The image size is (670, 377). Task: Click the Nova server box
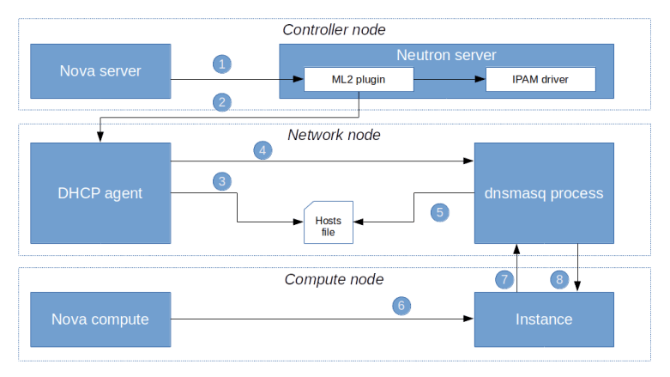click(x=100, y=70)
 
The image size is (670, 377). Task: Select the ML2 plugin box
click(x=359, y=81)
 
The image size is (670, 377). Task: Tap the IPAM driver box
click(x=540, y=81)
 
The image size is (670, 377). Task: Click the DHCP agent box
click(x=100, y=193)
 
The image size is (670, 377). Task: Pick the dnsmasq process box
click(x=544, y=193)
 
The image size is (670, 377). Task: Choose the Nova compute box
click(x=100, y=319)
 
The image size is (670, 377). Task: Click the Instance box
click(x=544, y=319)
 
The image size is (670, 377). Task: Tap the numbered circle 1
click(x=222, y=64)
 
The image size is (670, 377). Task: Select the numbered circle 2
click(x=222, y=102)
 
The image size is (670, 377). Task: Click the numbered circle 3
click(x=222, y=182)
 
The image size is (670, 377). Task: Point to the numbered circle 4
click(x=263, y=149)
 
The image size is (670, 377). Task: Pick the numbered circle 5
click(x=440, y=211)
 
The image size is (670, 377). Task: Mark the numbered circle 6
click(x=401, y=305)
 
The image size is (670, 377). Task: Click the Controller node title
click(x=334, y=30)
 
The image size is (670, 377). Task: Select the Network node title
click(x=334, y=135)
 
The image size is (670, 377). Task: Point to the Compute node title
click(x=334, y=280)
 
